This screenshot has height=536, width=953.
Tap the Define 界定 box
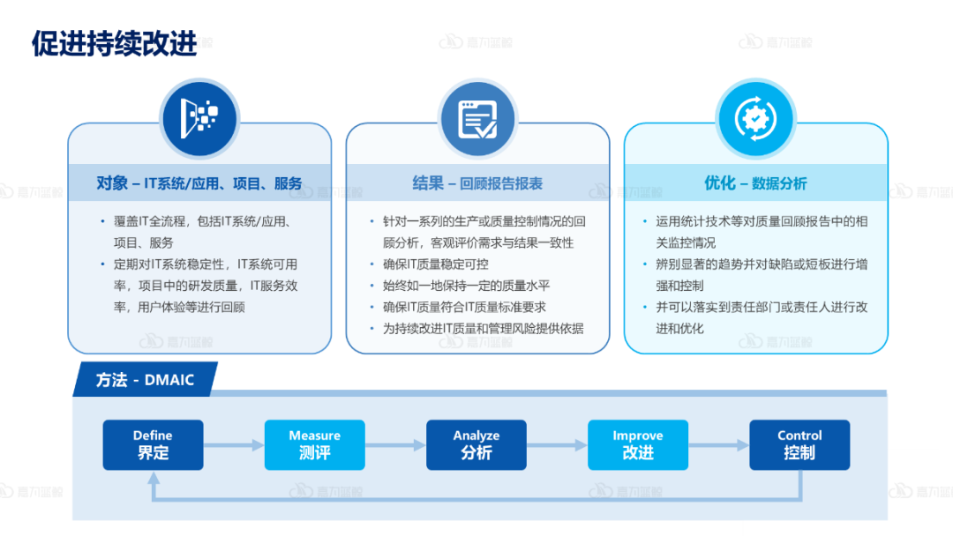153,444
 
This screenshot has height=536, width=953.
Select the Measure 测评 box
314,444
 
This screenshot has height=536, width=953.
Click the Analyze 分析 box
476,444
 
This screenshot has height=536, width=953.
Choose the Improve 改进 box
638,444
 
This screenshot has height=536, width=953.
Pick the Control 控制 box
799,444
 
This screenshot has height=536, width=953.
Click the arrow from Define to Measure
234,445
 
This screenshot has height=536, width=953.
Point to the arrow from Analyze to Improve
557,445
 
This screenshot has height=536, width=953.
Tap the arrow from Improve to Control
718,445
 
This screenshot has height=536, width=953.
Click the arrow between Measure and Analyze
395,445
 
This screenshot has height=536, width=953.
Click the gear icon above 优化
755,118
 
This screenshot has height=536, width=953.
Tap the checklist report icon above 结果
477,118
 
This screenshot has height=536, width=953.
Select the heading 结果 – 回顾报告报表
477,183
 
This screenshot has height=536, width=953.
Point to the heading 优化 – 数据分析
755,183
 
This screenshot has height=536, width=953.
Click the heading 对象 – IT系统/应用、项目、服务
199,183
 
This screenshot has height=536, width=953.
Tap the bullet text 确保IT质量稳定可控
435,264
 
